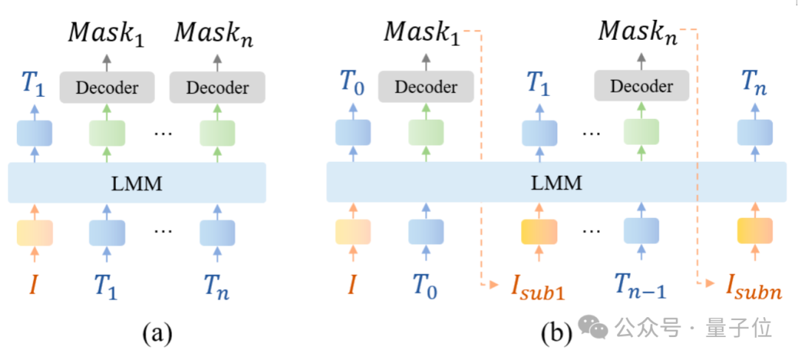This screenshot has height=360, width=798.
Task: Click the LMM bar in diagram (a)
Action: [x=137, y=183]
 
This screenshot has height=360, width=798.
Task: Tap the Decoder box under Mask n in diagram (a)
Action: [x=217, y=88]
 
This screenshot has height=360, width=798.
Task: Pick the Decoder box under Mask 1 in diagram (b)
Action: [x=426, y=87]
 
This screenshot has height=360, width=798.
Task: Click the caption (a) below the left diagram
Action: [x=157, y=333]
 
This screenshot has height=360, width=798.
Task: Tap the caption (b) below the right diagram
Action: [x=556, y=333]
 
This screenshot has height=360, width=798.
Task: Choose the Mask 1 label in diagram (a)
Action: [x=106, y=33]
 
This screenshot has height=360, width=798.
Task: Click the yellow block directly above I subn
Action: [x=754, y=231]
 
